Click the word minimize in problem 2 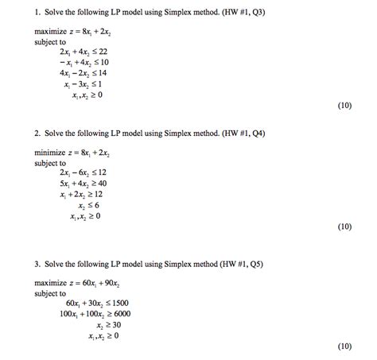49,151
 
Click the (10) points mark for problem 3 344,347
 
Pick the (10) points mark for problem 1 344,106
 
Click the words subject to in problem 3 50,293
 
